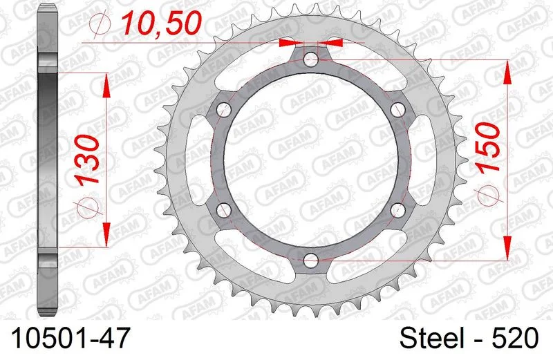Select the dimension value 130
point(88,160)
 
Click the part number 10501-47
point(71,338)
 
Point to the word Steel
point(431,338)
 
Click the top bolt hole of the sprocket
point(310,59)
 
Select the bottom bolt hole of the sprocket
point(310,261)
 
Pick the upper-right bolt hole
point(398,110)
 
